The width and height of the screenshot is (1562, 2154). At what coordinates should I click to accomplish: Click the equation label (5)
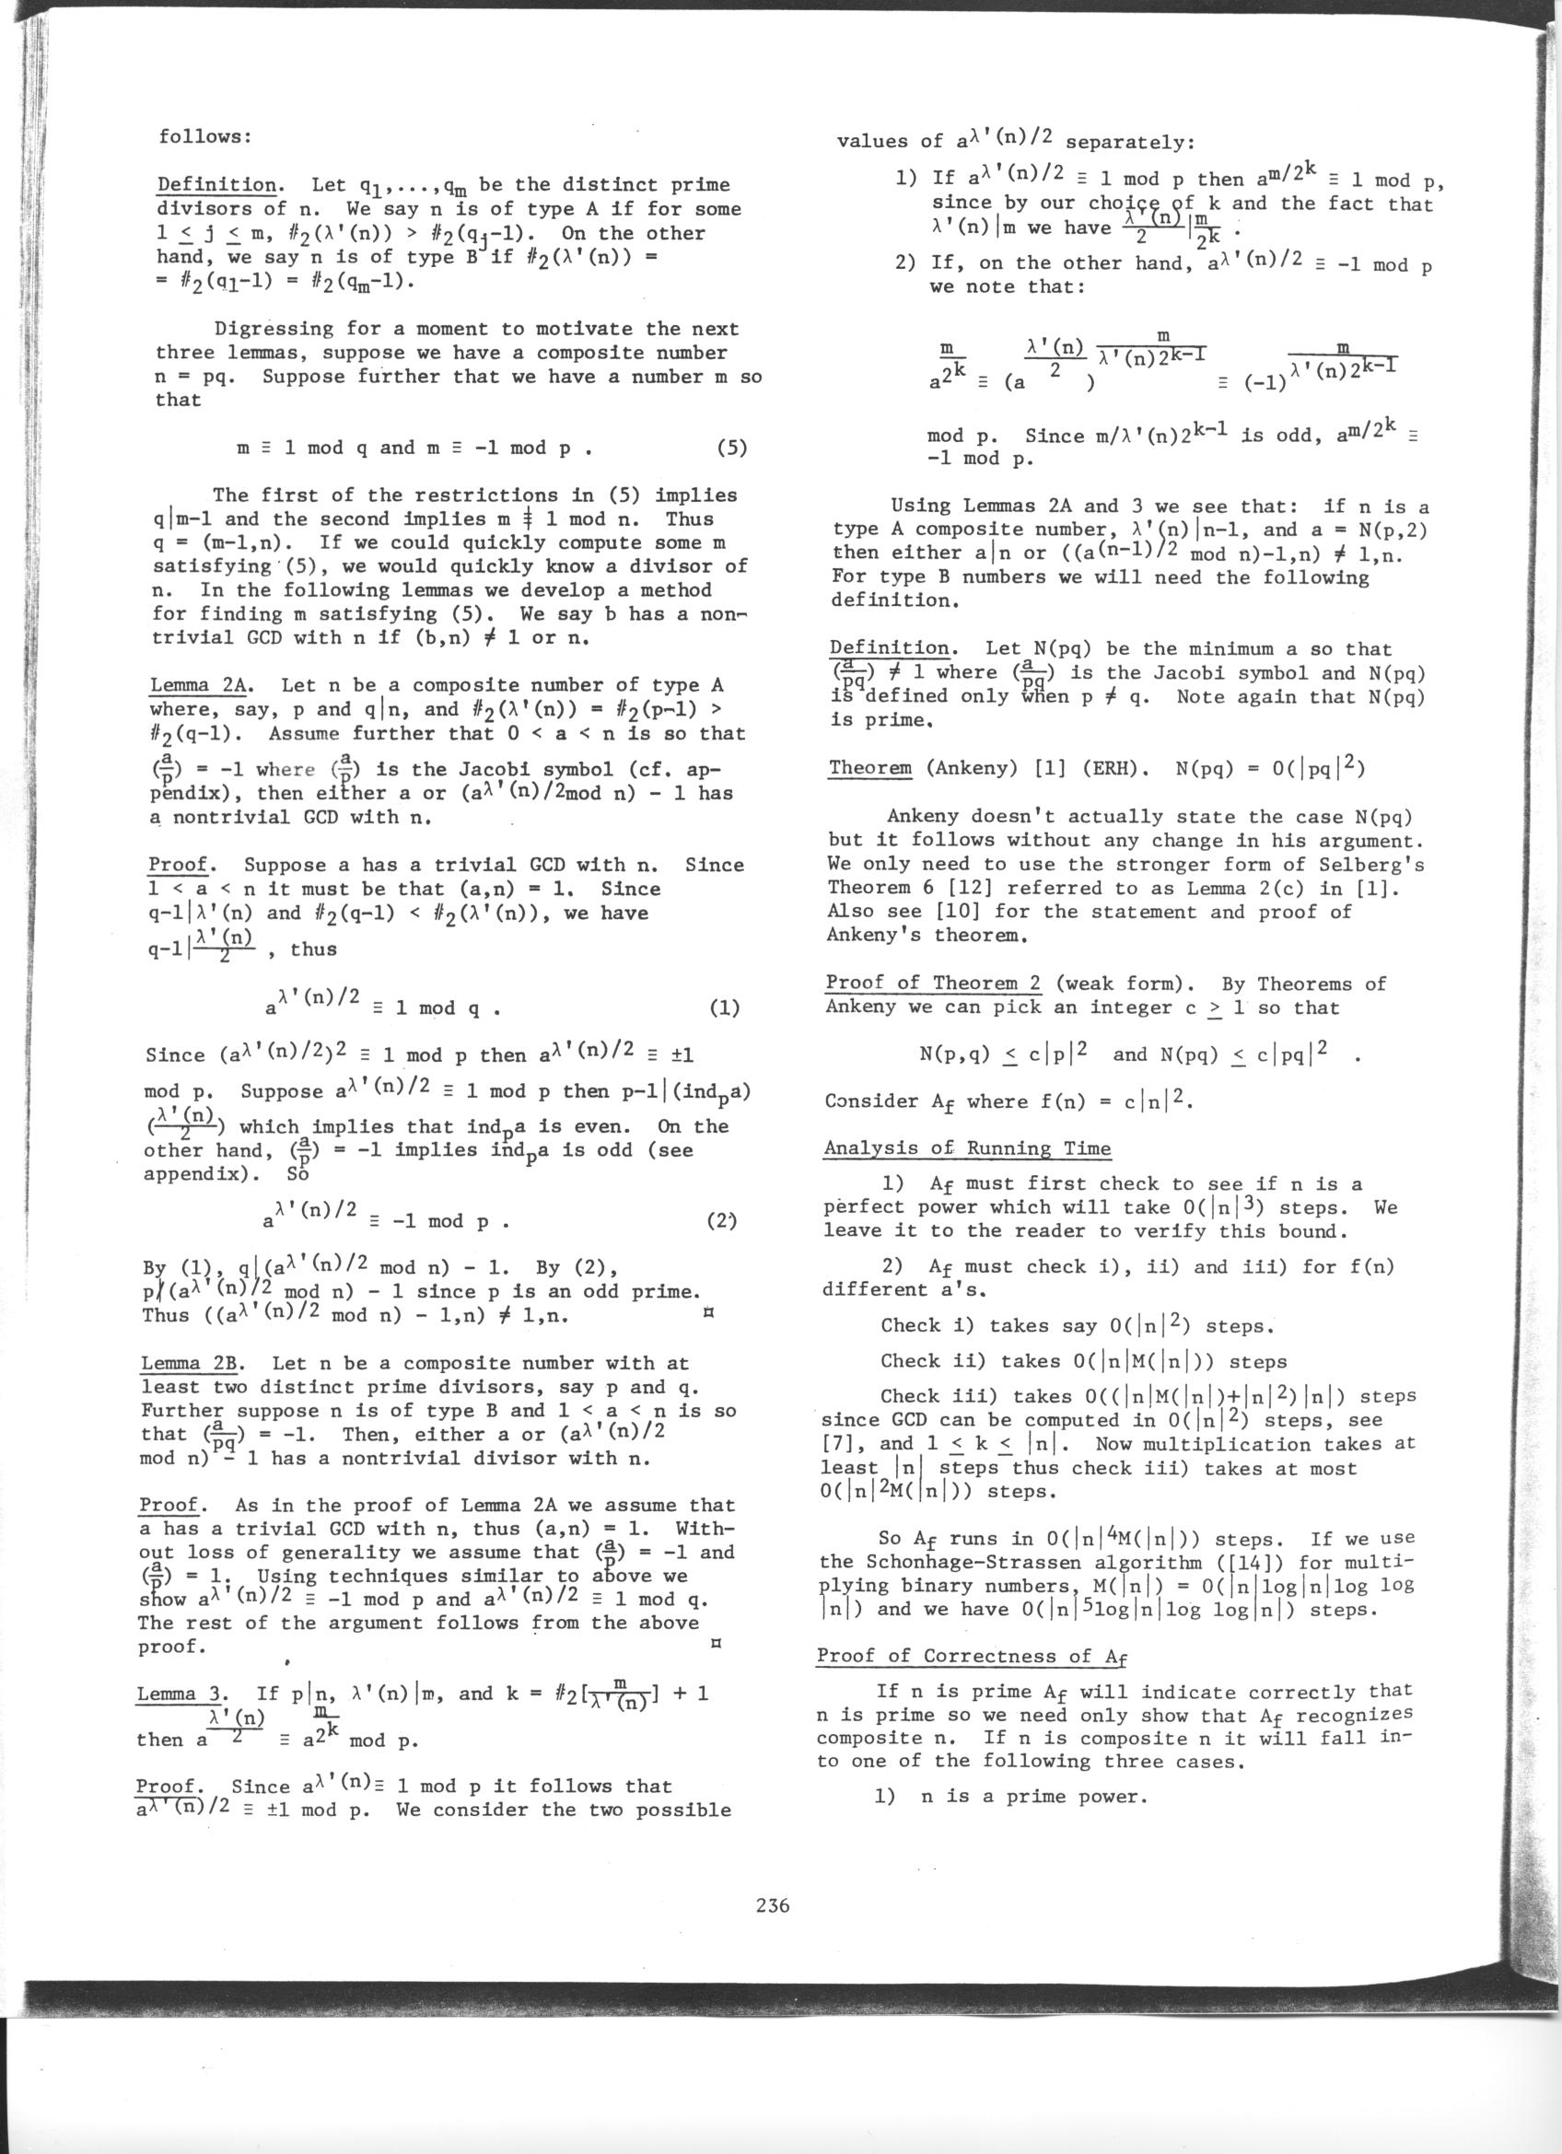(x=731, y=448)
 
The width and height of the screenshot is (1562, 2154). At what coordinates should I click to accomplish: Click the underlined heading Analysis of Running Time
(x=967, y=1148)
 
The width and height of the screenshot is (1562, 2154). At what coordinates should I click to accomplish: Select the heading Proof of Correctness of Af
(x=973, y=1657)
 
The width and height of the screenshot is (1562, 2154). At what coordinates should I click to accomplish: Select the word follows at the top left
(x=204, y=137)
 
